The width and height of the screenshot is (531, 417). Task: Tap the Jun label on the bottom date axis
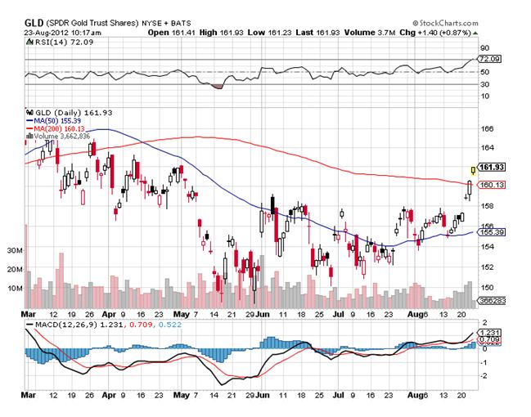263,313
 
